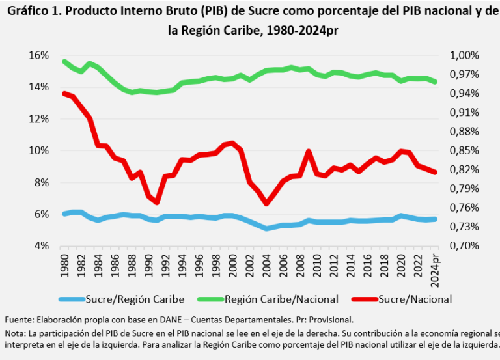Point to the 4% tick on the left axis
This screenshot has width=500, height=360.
click(x=41, y=246)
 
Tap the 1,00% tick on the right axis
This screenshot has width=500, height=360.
click(x=464, y=55)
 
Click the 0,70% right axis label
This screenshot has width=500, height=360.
click(x=464, y=246)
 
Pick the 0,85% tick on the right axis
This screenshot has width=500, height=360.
click(x=464, y=150)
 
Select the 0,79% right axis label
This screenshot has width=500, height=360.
click(x=464, y=189)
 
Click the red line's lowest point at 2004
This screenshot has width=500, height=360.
click(x=266, y=203)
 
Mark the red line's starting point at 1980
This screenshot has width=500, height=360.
click(x=64, y=94)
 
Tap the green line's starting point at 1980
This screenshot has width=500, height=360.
click(x=64, y=62)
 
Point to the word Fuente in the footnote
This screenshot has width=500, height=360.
click(x=18, y=320)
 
